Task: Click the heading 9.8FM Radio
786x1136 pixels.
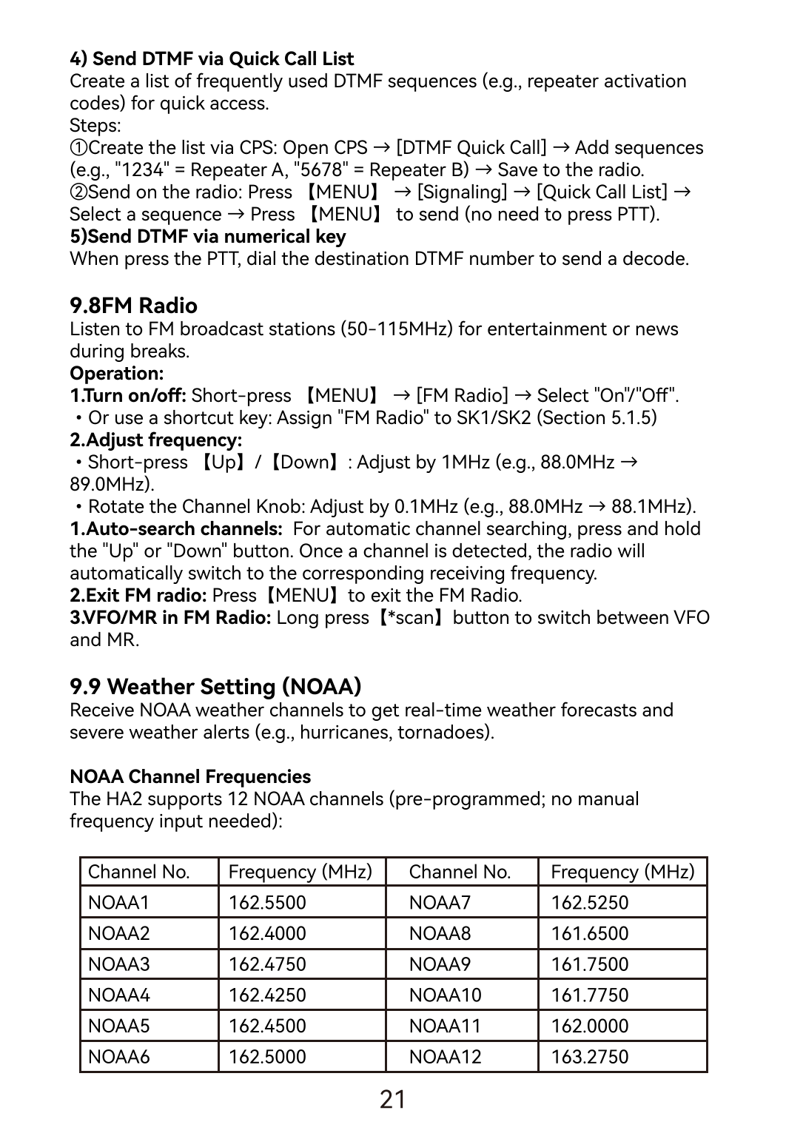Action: tap(133, 306)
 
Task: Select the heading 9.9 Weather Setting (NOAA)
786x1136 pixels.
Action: tap(215, 687)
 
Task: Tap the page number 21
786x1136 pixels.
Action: tap(392, 1100)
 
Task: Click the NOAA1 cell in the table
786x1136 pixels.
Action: tap(118, 902)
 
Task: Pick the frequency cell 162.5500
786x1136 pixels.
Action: tap(267, 902)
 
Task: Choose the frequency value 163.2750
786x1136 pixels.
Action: tap(589, 1056)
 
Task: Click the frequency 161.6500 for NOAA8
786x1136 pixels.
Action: tap(589, 933)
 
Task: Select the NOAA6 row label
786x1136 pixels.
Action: tap(118, 1056)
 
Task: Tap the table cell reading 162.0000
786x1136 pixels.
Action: tap(589, 1026)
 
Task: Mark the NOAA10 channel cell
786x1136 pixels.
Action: tap(445, 995)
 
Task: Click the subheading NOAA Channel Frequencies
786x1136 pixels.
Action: tap(190, 776)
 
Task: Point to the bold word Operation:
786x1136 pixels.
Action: tap(116, 373)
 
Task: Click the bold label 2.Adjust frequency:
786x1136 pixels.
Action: tap(155, 440)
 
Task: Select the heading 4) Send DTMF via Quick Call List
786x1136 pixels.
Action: tap(212, 58)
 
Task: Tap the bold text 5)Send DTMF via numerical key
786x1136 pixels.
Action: tap(207, 236)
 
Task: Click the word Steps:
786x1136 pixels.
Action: tap(95, 125)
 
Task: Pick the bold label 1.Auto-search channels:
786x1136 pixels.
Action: tap(176, 528)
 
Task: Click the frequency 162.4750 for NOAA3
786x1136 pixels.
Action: tap(267, 964)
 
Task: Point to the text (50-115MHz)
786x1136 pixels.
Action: tap(396, 329)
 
